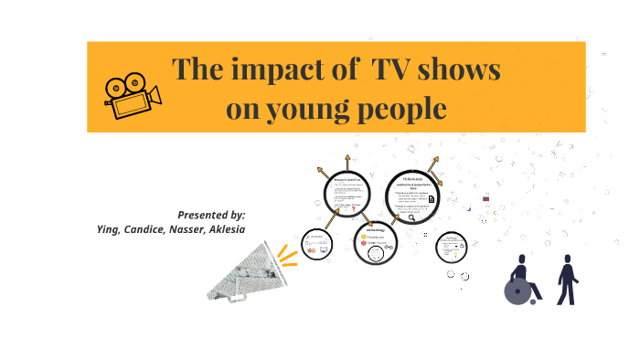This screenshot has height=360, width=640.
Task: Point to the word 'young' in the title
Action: [x=314, y=109]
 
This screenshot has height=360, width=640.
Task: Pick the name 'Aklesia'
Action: [x=228, y=229]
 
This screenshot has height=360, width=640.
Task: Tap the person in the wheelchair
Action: [x=522, y=280]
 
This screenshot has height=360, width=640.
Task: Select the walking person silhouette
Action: [x=568, y=279]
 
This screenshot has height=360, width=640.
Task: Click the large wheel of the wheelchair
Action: [x=517, y=292]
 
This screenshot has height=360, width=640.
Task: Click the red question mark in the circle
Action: [x=353, y=208]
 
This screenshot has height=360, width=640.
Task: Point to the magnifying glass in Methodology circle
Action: [x=412, y=217]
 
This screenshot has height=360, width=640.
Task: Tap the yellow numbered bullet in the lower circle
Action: [x=363, y=238]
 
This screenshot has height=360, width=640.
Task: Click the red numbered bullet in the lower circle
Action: [x=363, y=246]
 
